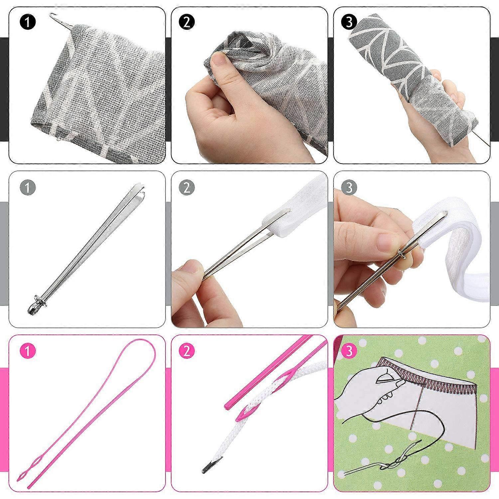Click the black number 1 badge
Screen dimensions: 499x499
tap(27, 23)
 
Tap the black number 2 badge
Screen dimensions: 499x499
tap(187, 23)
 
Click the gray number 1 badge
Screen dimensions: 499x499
tap(27, 188)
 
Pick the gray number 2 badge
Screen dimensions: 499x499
tap(187, 188)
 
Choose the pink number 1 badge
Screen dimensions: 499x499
tap(27, 352)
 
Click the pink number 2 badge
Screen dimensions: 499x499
tap(187, 352)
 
